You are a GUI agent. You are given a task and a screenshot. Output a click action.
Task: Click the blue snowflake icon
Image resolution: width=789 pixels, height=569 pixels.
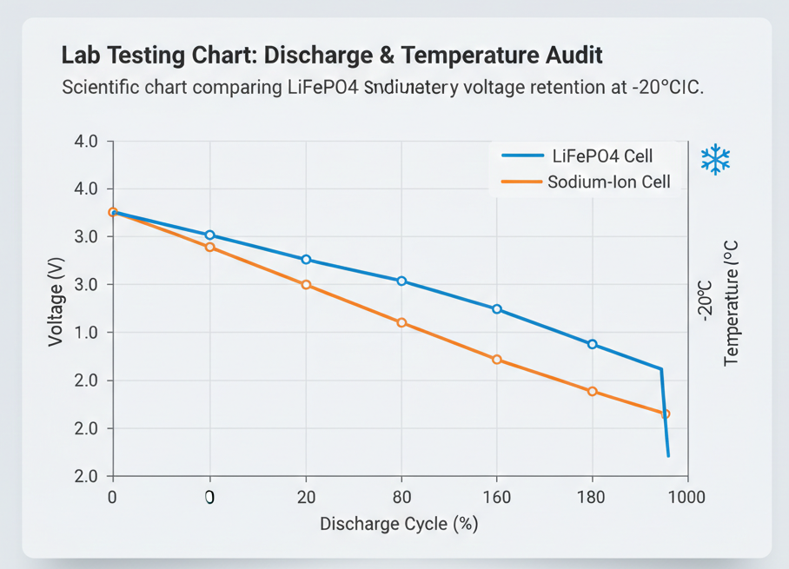(x=715, y=160)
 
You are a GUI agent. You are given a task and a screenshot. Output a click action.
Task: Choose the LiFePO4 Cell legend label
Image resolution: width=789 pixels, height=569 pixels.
(x=602, y=156)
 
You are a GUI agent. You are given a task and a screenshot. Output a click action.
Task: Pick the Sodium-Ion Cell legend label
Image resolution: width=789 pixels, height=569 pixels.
(x=608, y=182)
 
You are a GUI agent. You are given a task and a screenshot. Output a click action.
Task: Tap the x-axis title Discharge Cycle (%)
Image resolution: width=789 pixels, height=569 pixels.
(x=399, y=524)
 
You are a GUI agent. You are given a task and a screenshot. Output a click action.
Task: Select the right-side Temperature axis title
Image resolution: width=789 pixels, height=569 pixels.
(x=731, y=303)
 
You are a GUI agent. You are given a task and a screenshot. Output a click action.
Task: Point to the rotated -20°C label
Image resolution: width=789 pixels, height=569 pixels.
(x=705, y=301)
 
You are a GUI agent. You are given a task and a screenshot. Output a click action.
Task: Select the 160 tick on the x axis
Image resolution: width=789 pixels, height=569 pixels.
(x=497, y=497)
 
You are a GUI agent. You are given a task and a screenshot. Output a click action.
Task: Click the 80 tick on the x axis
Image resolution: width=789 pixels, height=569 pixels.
(x=401, y=497)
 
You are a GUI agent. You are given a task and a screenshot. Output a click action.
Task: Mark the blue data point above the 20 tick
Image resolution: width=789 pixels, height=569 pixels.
(x=306, y=260)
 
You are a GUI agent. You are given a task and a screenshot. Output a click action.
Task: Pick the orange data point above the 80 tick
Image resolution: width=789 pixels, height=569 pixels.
(x=401, y=322)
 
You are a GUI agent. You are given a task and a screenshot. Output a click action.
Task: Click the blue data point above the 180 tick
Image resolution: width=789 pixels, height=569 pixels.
(x=593, y=344)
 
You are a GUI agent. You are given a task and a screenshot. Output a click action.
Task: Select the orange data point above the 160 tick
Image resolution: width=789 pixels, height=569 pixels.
(x=497, y=359)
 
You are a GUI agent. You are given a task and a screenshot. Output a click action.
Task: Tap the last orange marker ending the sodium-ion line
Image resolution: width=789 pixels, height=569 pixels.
(x=666, y=414)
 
